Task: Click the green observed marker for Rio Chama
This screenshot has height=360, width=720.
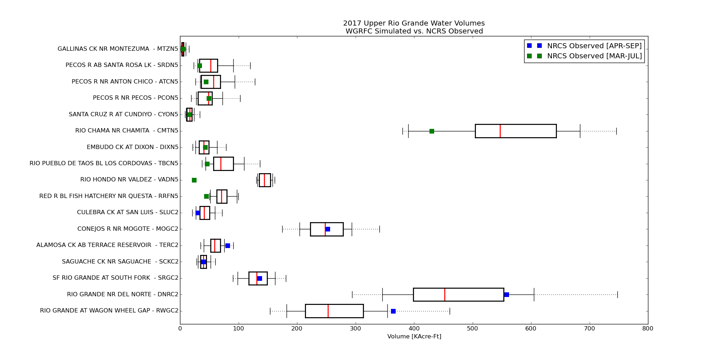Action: [x=432, y=131]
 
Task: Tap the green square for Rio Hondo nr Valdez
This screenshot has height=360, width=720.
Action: [x=194, y=180]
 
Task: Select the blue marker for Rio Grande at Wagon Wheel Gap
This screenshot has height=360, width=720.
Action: [x=393, y=311]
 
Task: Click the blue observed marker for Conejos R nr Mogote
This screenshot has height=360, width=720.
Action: [x=328, y=229]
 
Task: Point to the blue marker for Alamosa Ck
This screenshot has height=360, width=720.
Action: [x=228, y=246]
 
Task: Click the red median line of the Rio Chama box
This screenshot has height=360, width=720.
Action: [x=500, y=131]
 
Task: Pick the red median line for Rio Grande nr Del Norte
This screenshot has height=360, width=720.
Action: [x=445, y=294]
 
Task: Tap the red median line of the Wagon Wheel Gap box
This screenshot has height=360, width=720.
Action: [x=328, y=311]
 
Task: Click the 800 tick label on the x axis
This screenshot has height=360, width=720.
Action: [x=648, y=328]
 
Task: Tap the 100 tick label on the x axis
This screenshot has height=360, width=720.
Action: [x=238, y=328]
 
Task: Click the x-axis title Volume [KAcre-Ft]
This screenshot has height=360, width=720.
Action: [x=414, y=337]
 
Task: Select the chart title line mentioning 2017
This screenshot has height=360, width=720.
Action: [x=414, y=23]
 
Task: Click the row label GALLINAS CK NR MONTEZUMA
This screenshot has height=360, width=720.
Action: [x=118, y=49]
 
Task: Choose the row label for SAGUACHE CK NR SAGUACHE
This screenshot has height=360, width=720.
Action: [x=120, y=262]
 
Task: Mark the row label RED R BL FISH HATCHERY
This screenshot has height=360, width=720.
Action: [x=109, y=196]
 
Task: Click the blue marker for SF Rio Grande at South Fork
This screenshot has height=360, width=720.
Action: [x=260, y=278]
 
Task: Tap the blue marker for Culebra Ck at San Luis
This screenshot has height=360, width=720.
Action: [x=198, y=213]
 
